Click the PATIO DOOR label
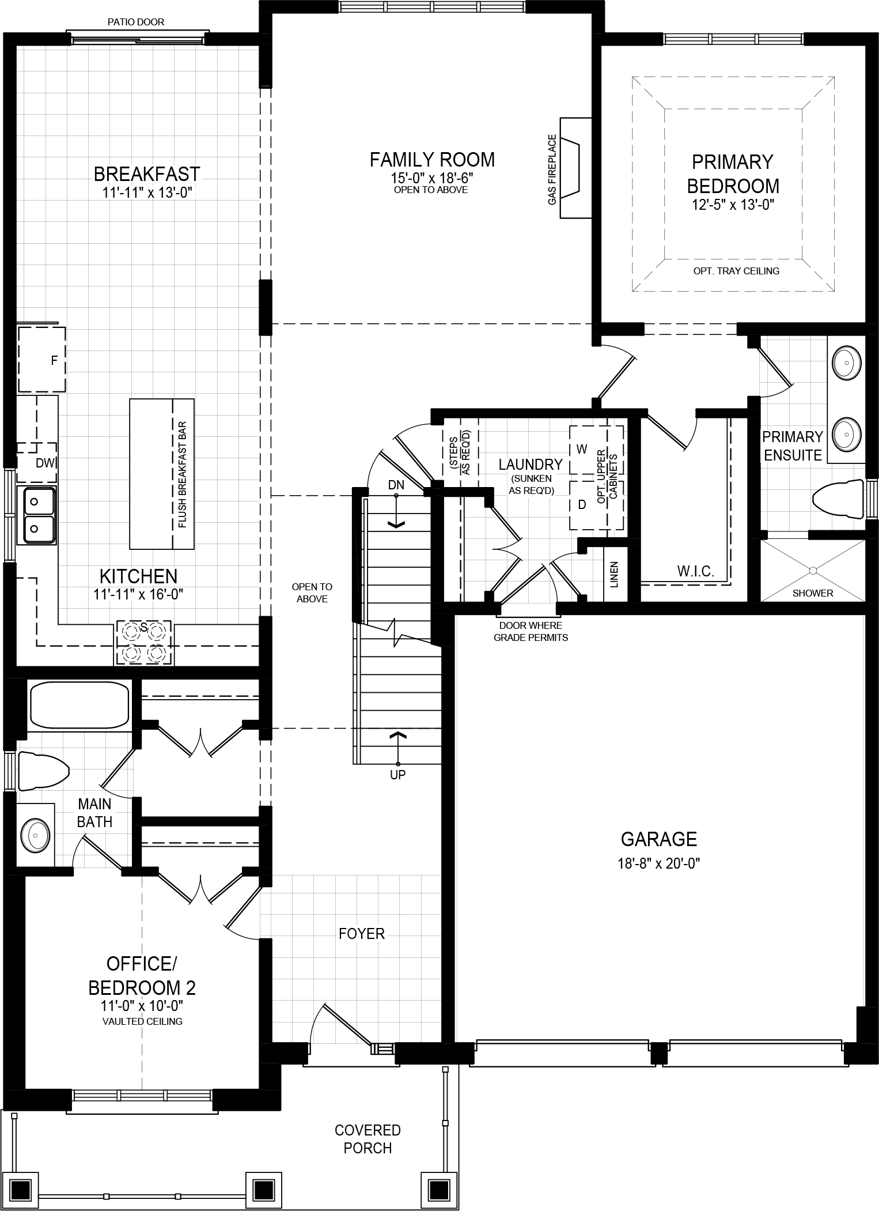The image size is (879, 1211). [136, 22]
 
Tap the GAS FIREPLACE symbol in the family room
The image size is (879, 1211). [574, 168]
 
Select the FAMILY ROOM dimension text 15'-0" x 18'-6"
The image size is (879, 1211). [431, 178]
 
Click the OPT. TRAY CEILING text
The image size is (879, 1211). [736, 271]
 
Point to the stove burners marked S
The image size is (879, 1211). [144, 643]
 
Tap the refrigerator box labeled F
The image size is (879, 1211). [41, 360]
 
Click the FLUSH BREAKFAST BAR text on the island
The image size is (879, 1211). [183, 474]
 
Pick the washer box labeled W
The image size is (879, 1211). [582, 449]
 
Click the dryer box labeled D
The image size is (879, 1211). [582, 505]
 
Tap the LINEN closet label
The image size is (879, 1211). [614, 574]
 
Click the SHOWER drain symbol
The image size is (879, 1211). [813, 571]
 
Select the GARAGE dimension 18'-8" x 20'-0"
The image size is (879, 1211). [659, 863]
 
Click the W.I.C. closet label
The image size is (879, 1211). [695, 571]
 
